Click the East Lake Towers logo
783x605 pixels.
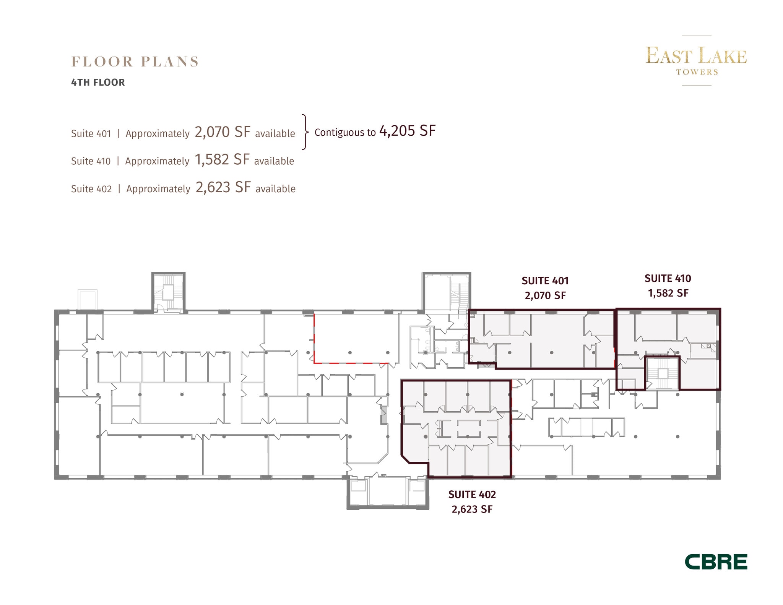click(696, 60)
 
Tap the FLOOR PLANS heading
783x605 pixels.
click(135, 62)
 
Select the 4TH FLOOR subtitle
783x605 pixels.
click(98, 83)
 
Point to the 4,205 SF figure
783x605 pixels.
click(407, 131)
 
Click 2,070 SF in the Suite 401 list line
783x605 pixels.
click(223, 132)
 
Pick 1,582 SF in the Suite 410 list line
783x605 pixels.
click(222, 160)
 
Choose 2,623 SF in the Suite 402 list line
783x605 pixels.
click(223, 187)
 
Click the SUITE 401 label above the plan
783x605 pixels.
click(545, 281)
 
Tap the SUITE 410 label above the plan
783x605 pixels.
click(668, 279)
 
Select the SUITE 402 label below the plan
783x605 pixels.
click(472, 495)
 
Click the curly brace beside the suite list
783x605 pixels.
click(305, 132)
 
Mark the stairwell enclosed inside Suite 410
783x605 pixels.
click(662, 373)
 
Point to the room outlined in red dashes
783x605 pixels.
click(351, 338)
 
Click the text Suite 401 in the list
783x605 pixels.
click(91, 134)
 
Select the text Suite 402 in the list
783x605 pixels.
click(91, 189)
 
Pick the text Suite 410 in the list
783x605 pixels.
click(91, 161)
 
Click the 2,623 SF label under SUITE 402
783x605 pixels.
click(472, 509)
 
